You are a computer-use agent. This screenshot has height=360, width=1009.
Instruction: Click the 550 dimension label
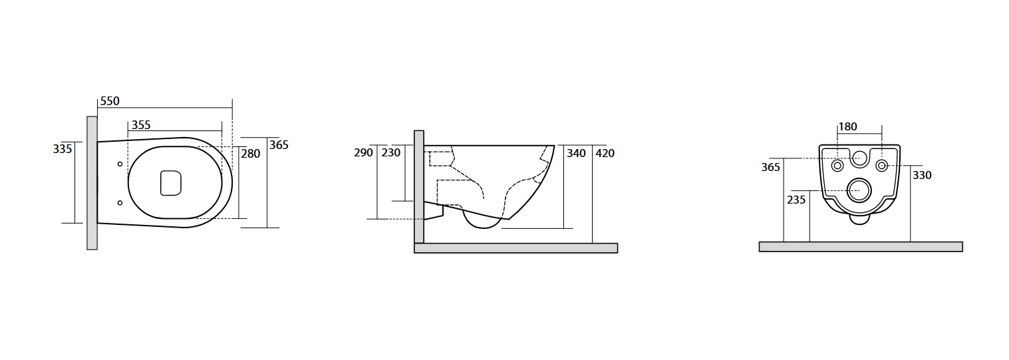click(110, 101)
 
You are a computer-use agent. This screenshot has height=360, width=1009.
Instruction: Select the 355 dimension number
click(141, 125)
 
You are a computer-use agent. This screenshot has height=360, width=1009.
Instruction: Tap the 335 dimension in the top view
click(62, 148)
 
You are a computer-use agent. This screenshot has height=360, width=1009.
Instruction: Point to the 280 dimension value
click(251, 154)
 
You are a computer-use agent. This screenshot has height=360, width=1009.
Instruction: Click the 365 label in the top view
click(279, 145)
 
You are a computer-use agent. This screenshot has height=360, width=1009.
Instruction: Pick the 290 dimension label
click(364, 153)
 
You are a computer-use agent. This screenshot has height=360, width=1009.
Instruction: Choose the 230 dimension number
click(391, 153)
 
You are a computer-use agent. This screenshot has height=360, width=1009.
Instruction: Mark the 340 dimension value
click(576, 153)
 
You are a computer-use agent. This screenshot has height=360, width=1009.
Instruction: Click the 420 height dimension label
click(605, 153)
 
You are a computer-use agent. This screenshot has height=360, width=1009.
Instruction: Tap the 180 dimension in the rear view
click(848, 126)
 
